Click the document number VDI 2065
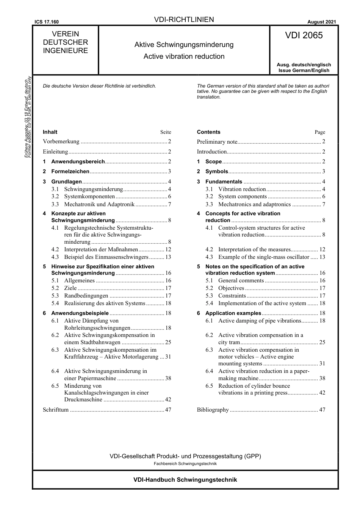click(x=304, y=35)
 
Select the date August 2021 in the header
click(x=321, y=22)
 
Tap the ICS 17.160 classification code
click(x=46, y=22)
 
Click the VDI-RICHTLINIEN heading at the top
click(x=184, y=20)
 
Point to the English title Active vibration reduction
click(x=184, y=56)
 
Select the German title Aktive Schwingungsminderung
click(x=184, y=45)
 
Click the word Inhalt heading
click(x=50, y=132)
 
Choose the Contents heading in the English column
click(x=208, y=132)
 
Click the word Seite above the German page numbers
click(x=166, y=132)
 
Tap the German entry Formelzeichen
click(x=70, y=171)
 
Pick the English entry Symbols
click(x=216, y=171)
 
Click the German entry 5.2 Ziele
click(x=70, y=288)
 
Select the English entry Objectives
click(x=231, y=288)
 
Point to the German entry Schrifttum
click(x=56, y=410)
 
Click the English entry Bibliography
click(x=213, y=410)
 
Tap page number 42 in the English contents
click(x=322, y=393)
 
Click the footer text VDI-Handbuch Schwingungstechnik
click(x=185, y=479)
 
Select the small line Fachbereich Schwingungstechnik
click(x=185, y=464)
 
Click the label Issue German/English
click(x=304, y=70)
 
